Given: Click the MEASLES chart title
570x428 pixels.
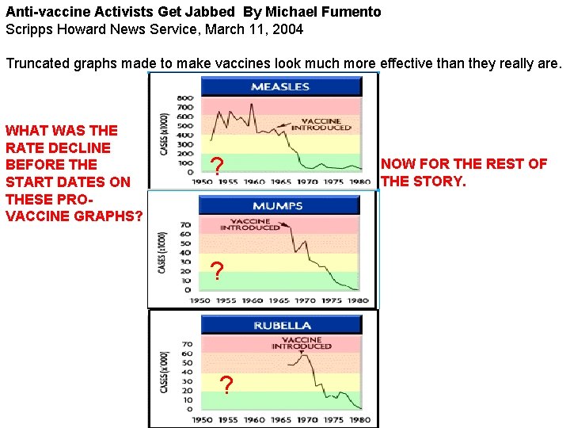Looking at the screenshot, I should (x=280, y=86).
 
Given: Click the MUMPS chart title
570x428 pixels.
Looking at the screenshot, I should (x=277, y=205).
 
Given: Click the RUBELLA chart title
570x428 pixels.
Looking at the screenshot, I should (x=282, y=325).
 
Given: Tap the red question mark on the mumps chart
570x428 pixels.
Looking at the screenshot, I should (x=217, y=271).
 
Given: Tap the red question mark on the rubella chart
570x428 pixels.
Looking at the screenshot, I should (x=226, y=385).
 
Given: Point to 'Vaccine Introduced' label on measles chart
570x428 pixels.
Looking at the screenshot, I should (x=321, y=124).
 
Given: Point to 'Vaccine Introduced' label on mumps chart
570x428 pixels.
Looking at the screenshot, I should (x=250, y=224).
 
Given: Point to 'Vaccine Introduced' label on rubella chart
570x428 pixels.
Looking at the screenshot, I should (x=302, y=343).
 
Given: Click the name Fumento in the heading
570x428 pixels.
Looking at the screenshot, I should (x=352, y=12).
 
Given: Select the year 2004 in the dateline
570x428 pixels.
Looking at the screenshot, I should (x=287, y=29).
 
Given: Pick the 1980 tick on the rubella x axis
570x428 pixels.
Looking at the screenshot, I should (x=359, y=419).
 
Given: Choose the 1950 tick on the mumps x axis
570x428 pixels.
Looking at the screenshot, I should (x=200, y=301).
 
